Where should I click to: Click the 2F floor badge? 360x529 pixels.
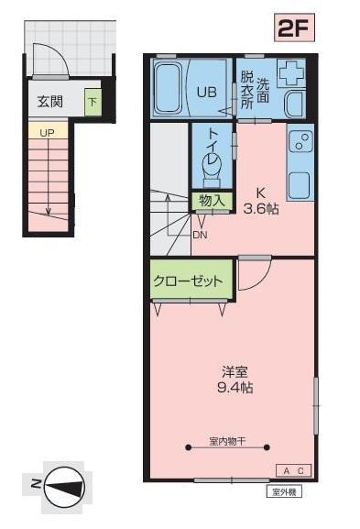(x=295, y=27)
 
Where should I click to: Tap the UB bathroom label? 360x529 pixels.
(x=206, y=91)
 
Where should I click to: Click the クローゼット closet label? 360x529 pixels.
(x=188, y=281)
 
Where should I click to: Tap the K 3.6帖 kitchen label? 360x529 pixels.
(x=260, y=201)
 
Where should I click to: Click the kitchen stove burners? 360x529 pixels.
(x=300, y=143)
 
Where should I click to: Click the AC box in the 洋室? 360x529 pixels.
(x=295, y=470)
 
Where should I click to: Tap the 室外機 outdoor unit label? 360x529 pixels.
(x=284, y=491)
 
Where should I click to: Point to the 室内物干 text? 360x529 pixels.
(x=228, y=442)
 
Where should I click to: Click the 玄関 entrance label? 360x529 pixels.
(x=51, y=102)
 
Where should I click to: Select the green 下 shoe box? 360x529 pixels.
(x=93, y=101)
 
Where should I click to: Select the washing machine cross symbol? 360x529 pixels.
(x=292, y=73)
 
